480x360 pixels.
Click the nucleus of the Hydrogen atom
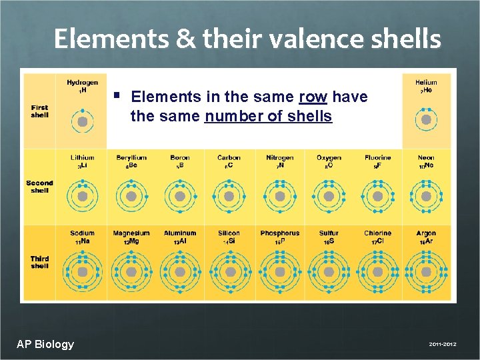coord(82,122)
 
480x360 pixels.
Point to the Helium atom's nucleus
coord(426,122)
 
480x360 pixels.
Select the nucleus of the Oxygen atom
coord(329,197)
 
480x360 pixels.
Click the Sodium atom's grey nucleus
coord(82,272)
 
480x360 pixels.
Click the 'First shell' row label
coord(39,111)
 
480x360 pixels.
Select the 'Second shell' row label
coord(39,187)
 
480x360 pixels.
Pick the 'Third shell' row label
coord(39,262)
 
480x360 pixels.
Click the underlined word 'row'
coord(313,97)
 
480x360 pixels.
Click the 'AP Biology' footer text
coord(45,344)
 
